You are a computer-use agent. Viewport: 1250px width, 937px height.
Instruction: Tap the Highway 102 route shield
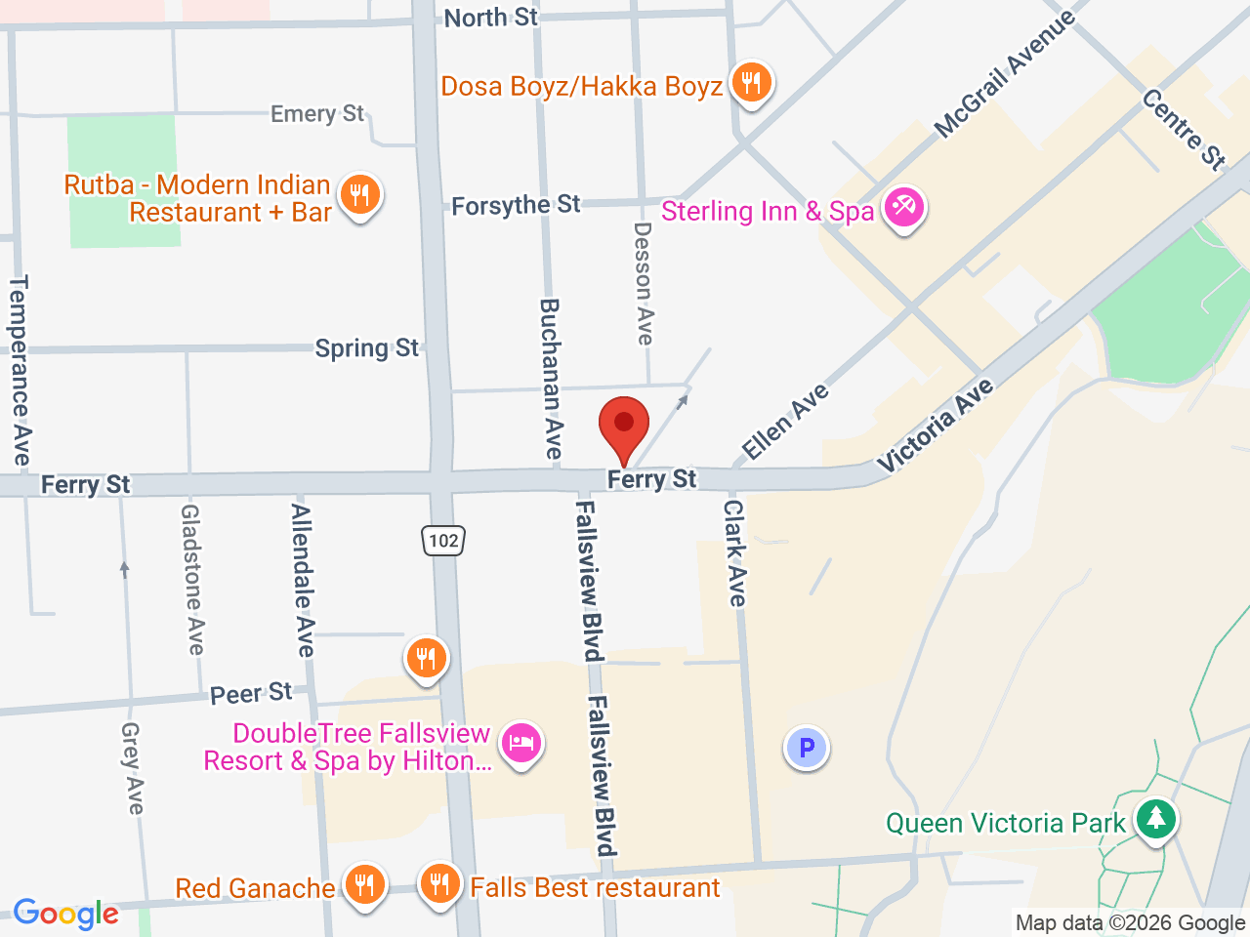tap(443, 540)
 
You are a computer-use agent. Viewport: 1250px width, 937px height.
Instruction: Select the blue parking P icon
tap(807, 748)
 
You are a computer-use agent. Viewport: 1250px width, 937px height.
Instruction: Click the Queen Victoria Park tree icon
tap(1156, 818)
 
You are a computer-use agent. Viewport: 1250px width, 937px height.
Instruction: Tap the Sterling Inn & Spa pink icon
tap(903, 208)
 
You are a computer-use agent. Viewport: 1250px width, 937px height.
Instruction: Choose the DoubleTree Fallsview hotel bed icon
tap(521, 743)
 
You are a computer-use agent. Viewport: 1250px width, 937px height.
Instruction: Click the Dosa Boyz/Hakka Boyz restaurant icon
tap(750, 82)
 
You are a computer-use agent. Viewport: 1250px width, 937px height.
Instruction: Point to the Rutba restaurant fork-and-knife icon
tap(359, 194)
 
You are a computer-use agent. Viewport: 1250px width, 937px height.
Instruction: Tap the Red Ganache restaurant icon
tap(363, 884)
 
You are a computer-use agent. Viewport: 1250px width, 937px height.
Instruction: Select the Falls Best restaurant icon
tap(439, 884)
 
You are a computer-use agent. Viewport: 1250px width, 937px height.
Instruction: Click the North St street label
tap(491, 18)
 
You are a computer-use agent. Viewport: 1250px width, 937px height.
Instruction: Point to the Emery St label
tap(317, 114)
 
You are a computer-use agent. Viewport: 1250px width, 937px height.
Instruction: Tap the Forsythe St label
tap(516, 205)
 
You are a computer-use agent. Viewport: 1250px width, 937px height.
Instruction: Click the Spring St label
tap(366, 348)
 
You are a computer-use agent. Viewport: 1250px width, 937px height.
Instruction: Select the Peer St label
tap(251, 694)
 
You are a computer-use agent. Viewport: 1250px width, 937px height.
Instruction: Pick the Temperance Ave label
tap(20, 370)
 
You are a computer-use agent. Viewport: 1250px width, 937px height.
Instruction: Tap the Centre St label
tap(1184, 129)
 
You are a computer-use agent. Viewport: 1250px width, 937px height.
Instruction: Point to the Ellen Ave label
tap(785, 421)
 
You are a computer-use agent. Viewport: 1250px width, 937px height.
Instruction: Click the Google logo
tap(65, 914)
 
